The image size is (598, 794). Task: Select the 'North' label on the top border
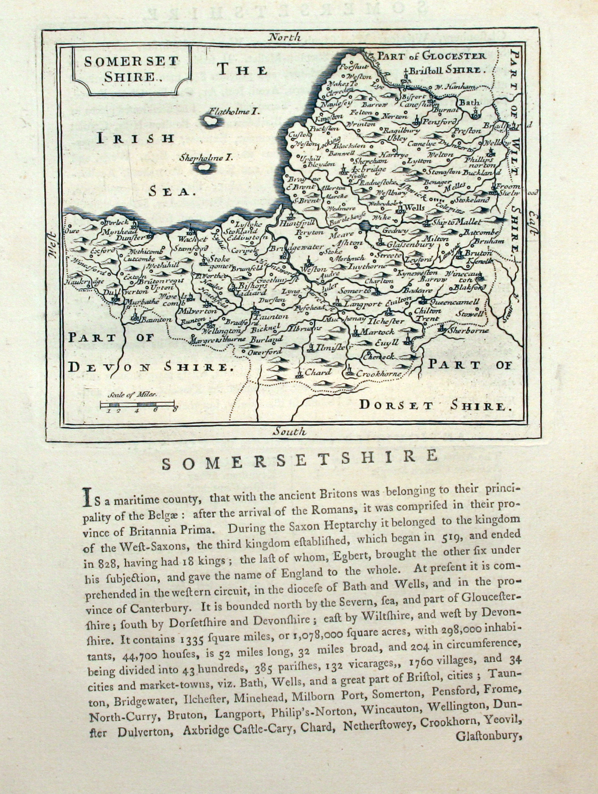pos(284,37)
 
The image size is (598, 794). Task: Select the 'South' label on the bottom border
pos(289,432)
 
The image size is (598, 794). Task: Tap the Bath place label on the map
pos(468,102)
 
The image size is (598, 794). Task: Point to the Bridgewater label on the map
pos(294,248)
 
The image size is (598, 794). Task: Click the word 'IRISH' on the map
pos(136,138)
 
